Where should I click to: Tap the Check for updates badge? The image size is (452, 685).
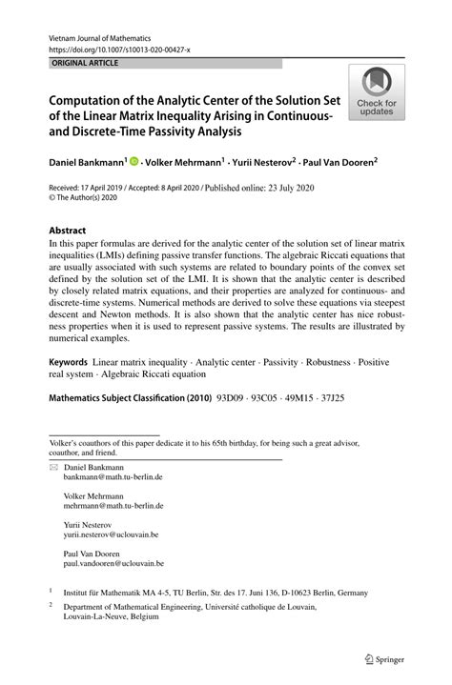coord(377,93)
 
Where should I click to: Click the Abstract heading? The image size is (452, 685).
coord(67,231)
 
